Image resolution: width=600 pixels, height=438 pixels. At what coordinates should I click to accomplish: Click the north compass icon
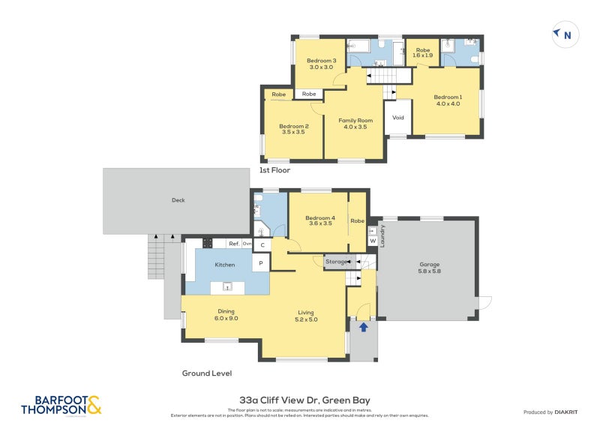tap(563, 34)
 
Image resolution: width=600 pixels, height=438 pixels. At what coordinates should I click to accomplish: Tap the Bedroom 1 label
tap(447, 100)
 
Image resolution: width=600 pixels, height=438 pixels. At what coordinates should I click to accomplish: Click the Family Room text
tap(355, 124)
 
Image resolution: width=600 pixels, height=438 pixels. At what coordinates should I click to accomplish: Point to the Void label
tap(398, 118)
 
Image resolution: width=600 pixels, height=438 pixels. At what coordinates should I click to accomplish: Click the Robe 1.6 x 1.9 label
tap(423, 52)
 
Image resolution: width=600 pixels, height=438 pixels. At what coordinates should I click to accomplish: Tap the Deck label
tap(178, 200)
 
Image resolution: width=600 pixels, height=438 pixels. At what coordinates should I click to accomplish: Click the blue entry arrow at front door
tap(364, 327)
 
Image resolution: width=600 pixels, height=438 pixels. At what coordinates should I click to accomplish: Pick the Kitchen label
tap(224, 265)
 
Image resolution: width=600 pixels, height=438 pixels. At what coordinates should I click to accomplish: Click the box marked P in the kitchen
tap(261, 263)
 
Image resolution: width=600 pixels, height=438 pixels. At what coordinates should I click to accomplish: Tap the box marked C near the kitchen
tap(262, 245)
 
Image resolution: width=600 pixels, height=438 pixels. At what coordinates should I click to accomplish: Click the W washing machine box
tap(372, 241)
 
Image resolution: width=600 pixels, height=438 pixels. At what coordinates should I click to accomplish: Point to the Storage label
tap(336, 262)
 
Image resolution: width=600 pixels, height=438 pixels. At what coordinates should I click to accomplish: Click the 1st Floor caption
tap(274, 170)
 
